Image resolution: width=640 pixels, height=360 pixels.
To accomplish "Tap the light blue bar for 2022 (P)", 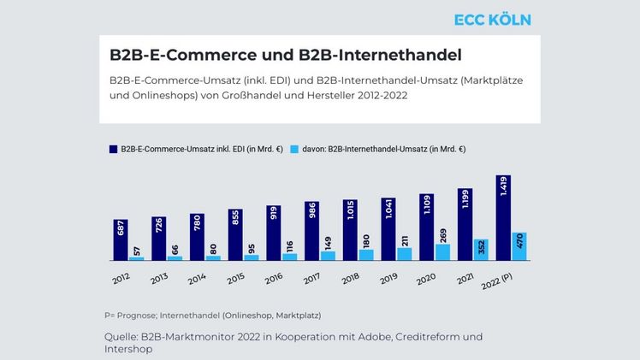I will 519,246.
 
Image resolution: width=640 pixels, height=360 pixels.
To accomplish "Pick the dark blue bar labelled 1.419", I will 503,218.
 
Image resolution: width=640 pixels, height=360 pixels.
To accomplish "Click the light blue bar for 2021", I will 481,250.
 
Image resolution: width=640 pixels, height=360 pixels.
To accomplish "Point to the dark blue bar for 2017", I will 311,231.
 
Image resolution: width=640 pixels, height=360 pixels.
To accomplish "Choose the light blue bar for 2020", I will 442,252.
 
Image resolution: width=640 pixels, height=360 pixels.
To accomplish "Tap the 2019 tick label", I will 390,278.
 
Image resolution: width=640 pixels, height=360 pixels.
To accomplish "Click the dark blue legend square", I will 111,149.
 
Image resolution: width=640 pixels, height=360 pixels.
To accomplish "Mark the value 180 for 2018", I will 366,240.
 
